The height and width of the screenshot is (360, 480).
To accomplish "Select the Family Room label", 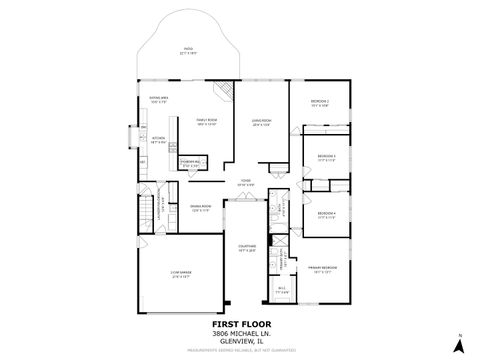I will pyautogui.click(x=206, y=123).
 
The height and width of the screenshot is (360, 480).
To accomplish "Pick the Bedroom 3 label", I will pyautogui.click(x=326, y=158).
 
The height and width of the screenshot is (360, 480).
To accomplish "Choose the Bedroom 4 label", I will pyautogui.click(x=326, y=214).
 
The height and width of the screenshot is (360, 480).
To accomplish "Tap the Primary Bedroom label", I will pyautogui.click(x=322, y=269).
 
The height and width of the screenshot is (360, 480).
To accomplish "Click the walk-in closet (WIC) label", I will pyautogui.click(x=281, y=290).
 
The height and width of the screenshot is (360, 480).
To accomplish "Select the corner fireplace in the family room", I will pyautogui.click(x=225, y=93).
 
